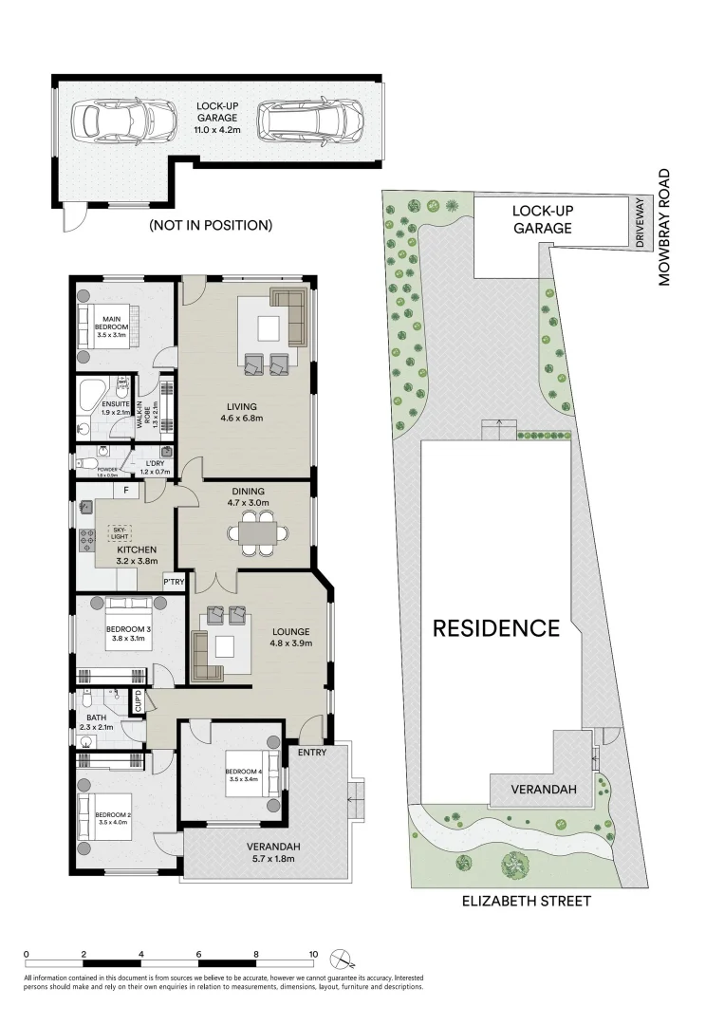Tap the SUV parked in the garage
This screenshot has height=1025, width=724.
[x=311, y=120]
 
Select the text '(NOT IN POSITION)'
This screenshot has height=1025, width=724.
[x=211, y=225]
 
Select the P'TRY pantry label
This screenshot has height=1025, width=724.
[x=174, y=582]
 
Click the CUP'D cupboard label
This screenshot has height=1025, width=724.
[x=138, y=702]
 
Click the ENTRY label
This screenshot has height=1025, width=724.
[x=311, y=753]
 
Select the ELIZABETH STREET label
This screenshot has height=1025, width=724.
[x=527, y=901]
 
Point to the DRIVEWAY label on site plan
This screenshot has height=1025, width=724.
[x=640, y=223]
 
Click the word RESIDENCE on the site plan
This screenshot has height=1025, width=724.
[x=496, y=627]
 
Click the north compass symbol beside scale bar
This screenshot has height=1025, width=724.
[x=340, y=958]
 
